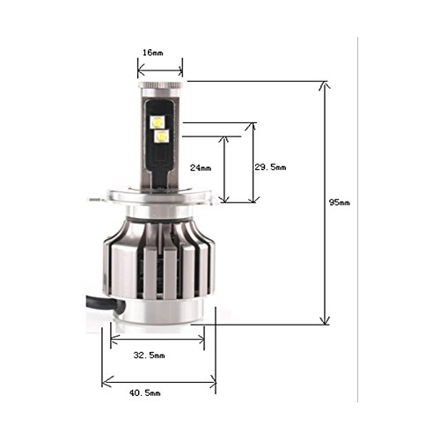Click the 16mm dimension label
pos(152,53)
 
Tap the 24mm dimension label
pos(201,168)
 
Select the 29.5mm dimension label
pos(270,167)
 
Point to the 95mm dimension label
pos(339,202)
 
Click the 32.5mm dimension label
pos(149,356)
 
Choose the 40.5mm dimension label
pos(145,392)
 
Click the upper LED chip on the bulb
pos(158,121)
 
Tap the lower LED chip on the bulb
pos(162,136)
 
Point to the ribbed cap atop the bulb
pos(161,84)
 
